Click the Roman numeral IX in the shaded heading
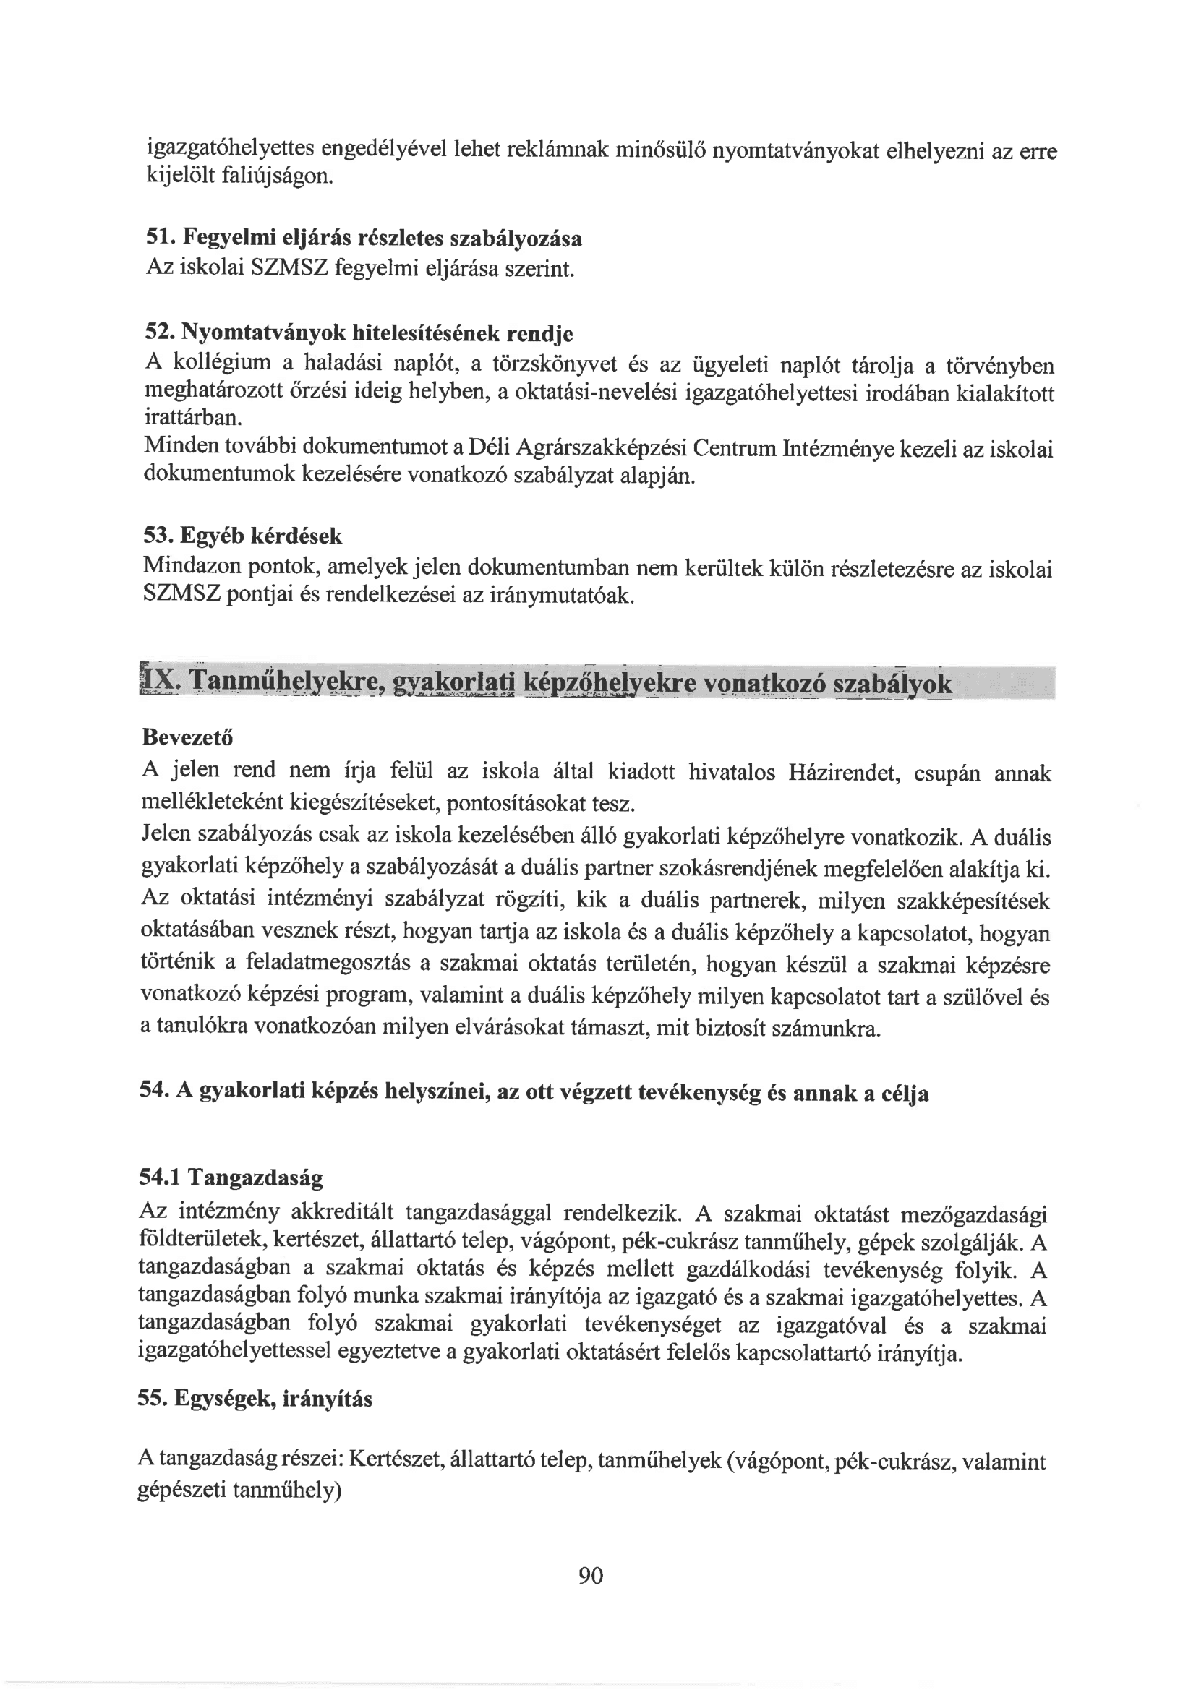pos(159,682)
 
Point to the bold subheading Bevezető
pos(187,737)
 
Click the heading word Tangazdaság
pos(255,1178)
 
